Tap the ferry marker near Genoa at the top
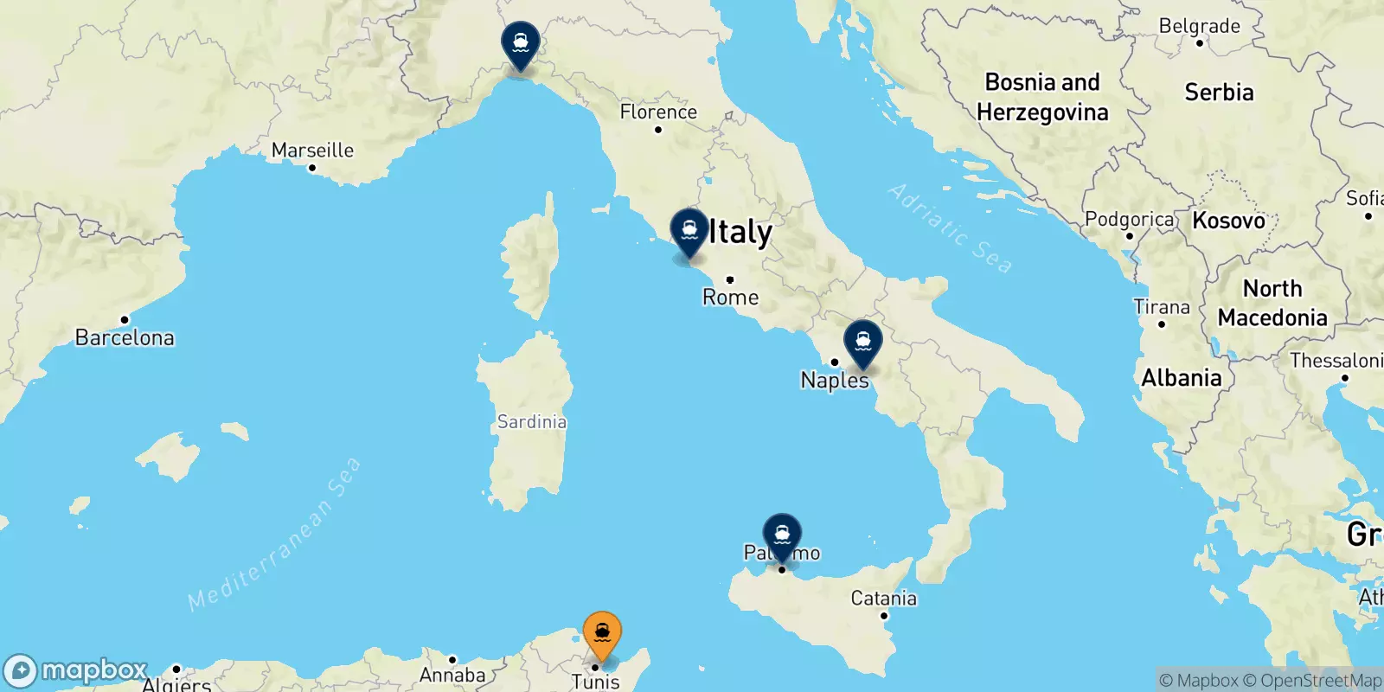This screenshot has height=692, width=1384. pyautogui.click(x=521, y=43)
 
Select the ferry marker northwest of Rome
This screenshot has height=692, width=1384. pyautogui.click(x=689, y=231)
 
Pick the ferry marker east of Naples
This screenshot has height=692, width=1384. pyautogui.click(x=862, y=343)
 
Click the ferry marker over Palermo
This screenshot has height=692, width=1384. pyautogui.click(x=782, y=535)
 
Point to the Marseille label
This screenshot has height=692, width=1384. pyautogui.click(x=312, y=151)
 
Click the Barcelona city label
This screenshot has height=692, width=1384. pyautogui.click(x=125, y=337)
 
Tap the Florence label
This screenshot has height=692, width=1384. pyautogui.click(x=658, y=112)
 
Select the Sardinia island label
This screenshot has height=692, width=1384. pyautogui.click(x=531, y=422)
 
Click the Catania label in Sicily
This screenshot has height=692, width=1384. pyautogui.click(x=883, y=598)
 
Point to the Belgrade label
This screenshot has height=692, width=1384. pyautogui.click(x=1199, y=26)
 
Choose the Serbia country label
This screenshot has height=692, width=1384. pyautogui.click(x=1219, y=93)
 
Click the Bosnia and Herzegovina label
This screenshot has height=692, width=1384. pyautogui.click(x=1042, y=97)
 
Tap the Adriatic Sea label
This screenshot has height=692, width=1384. pyautogui.click(x=950, y=228)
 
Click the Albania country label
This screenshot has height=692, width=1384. pyautogui.click(x=1181, y=378)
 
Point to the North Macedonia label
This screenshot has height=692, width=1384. pyautogui.click(x=1272, y=303)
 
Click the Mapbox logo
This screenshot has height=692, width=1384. pyautogui.click(x=75, y=670)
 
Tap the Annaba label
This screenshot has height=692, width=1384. pyautogui.click(x=452, y=675)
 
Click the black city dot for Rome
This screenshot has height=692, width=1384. pyautogui.click(x=730, y=279)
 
